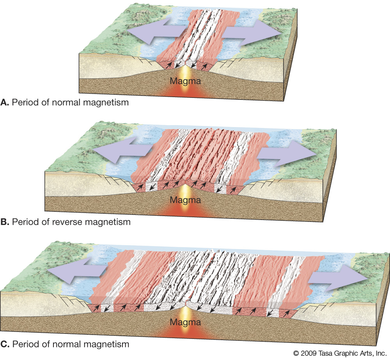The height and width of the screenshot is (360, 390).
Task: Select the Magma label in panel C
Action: tap(189, 323)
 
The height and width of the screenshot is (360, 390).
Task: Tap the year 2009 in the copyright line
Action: tap(308, 353)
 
